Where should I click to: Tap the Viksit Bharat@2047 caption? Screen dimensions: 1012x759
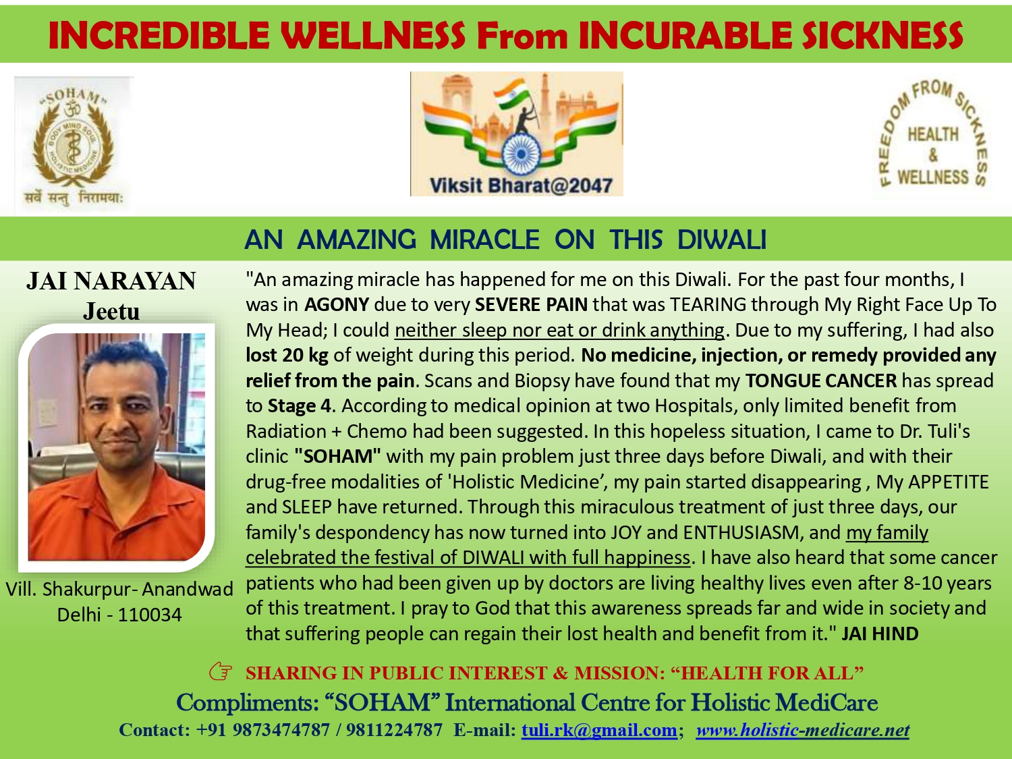pos(521,186)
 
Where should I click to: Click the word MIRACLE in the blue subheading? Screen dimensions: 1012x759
pos(484,240)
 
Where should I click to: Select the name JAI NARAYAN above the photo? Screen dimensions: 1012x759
pos(111,281)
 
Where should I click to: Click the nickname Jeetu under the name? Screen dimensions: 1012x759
pos(111,312)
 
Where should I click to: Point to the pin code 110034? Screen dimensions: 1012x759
pos(150,615)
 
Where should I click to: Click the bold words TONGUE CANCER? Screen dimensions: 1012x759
pos(821,381)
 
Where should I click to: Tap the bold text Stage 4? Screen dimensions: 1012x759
pos(300,406)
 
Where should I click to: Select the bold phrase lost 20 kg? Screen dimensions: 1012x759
pos(287,356)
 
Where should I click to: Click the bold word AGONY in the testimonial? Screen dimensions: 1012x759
pos(337,305)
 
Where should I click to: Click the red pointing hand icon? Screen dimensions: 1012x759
pos(221,672)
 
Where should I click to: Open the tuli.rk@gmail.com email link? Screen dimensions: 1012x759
pos(599,730)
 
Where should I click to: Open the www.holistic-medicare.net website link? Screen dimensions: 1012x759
pos(803,730)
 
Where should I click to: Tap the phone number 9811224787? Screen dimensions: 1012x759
pos(394,730)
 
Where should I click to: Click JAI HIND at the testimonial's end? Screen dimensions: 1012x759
pos(880,634)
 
